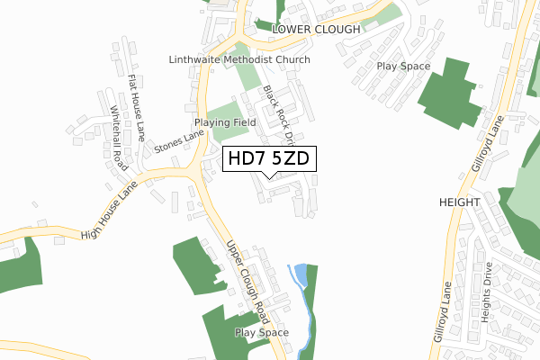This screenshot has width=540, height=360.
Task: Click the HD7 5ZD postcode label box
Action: point(268,158)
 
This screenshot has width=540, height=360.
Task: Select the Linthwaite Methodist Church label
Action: point(239,59)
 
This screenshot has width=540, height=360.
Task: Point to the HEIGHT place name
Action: point(460,202)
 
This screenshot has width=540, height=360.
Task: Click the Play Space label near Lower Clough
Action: point(403,66)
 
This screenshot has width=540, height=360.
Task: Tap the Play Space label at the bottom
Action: point(262,332)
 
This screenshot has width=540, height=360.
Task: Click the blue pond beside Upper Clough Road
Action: point(301,273)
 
